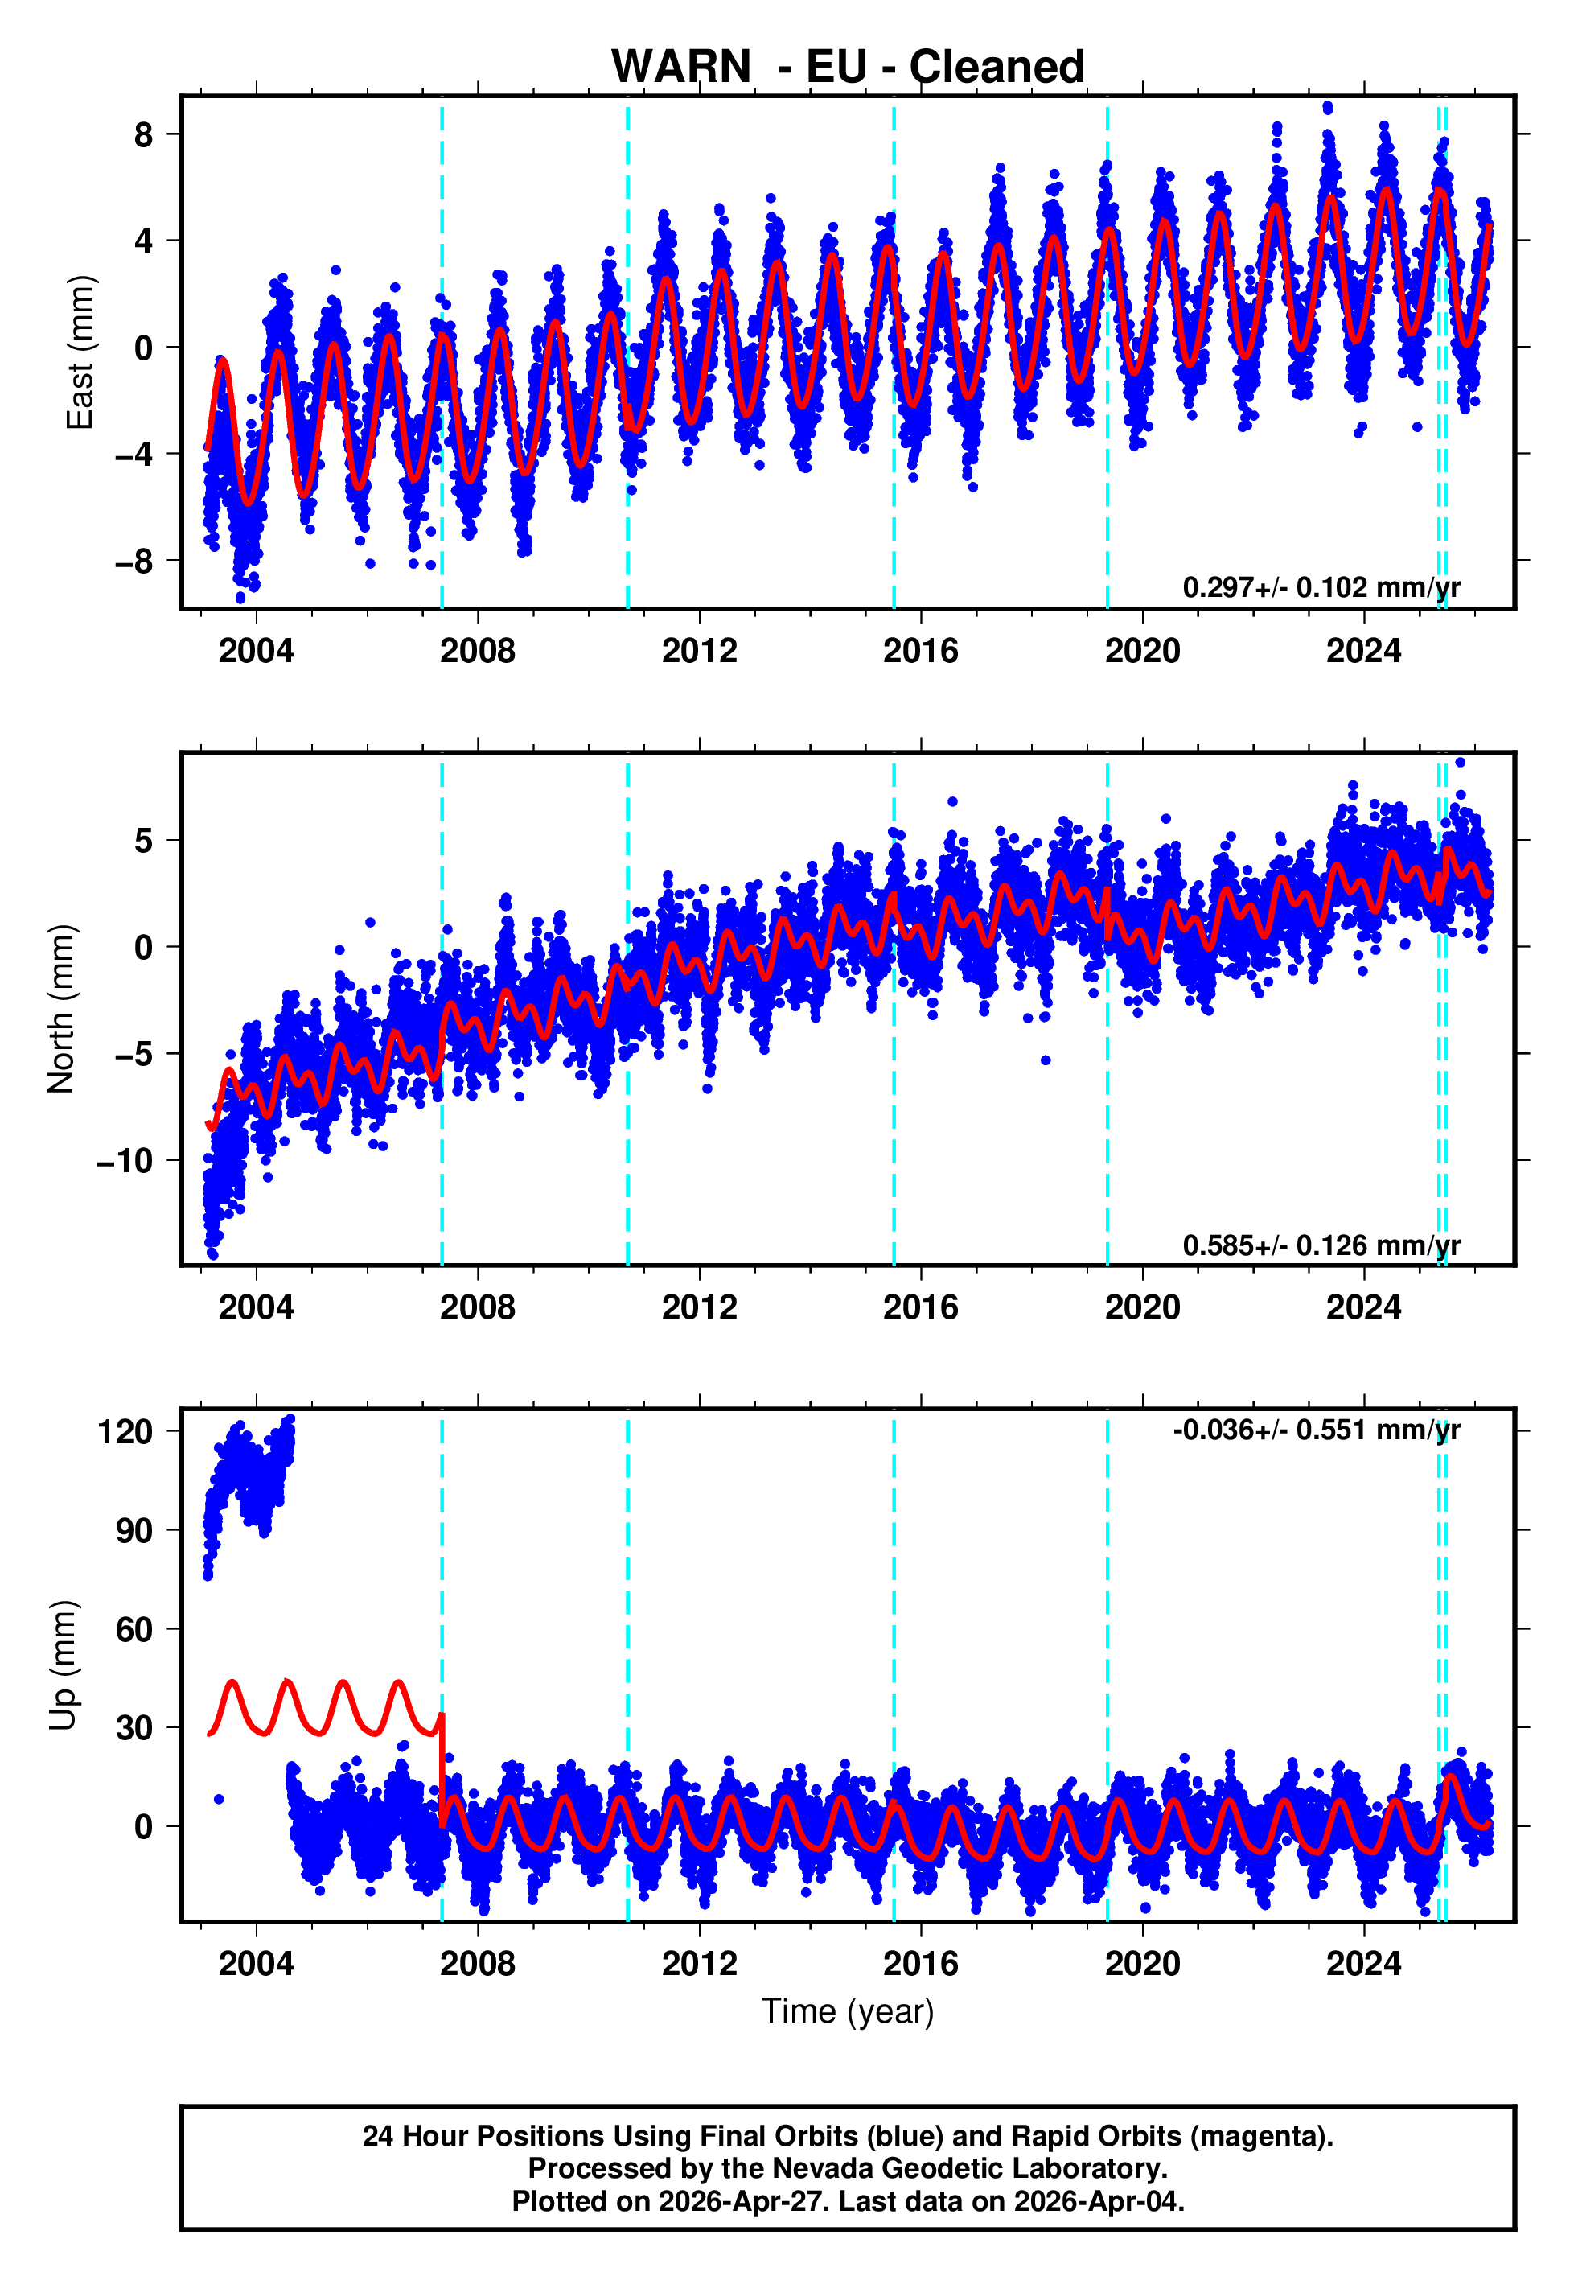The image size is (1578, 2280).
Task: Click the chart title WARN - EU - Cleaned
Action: click(x=848, y=68)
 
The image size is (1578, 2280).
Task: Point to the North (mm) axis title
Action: click(x=60, y=1009)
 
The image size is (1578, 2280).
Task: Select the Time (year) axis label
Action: click(x=848, y=2011)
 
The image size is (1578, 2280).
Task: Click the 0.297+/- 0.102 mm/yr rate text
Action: click(x=1321, y=587)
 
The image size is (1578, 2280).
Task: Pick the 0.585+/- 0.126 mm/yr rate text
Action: click(x=1321, y=1245)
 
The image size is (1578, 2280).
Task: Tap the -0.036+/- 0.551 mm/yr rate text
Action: click(x=1316, y=1430)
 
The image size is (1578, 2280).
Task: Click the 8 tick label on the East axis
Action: click(x=143, y=134)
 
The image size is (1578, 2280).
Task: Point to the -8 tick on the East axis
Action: click(x=134, y=562)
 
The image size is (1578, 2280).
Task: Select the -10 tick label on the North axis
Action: click(x=125, y=1161)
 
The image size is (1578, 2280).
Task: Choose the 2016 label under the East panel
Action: click(x=920, y=651)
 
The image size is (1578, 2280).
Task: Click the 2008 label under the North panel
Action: click(x=478, y=1307)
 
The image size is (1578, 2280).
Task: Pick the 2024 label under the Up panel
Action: click(x=1363, y=1964)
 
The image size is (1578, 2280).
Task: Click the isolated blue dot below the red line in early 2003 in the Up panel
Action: click(x=219, y=1800)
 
